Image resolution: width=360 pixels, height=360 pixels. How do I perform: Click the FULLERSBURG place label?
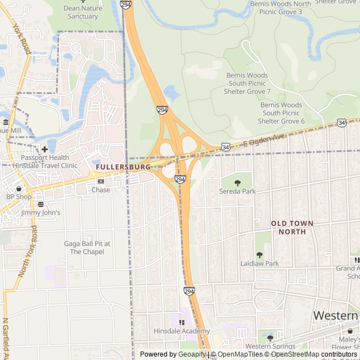[123, 167]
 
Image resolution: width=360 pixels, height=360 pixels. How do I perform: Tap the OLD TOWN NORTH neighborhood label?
[292, 227]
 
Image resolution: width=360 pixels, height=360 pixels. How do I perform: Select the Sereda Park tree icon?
[237, 183]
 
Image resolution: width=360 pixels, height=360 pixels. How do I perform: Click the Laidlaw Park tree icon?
[259, 255]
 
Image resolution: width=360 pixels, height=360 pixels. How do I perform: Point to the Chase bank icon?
[101, 182]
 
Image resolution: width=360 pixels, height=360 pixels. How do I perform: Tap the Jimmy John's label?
[40, 213]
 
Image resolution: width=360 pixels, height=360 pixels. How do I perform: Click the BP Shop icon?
[19, 189]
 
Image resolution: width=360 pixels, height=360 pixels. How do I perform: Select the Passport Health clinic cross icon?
[44, 150]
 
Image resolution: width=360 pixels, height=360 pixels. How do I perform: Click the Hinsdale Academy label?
[181, 331]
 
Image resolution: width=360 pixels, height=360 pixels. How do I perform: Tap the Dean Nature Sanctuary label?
[83, 12]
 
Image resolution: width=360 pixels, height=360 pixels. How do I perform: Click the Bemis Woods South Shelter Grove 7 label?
[247, 83]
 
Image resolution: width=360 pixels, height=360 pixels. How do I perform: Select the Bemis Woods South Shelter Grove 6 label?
[281, 113]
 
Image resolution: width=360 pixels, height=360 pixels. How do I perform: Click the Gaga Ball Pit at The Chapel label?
[87, 247]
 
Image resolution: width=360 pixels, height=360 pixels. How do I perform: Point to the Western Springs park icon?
[270, 337]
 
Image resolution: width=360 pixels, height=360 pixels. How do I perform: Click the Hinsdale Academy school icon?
[181, 322]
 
